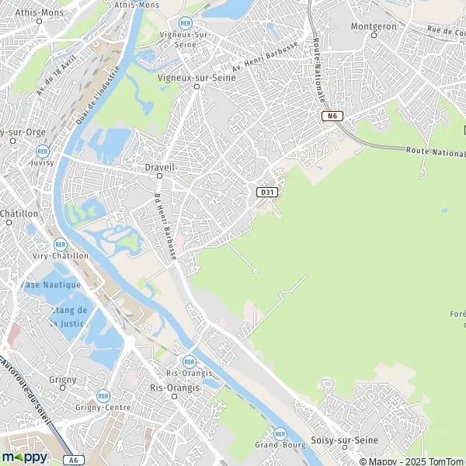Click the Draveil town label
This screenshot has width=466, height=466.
[x=159, y=167]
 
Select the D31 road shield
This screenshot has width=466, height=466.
[x=267, y=192]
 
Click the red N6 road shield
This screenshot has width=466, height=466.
[x=332, y=116]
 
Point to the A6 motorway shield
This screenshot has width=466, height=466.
[x=73, y=460]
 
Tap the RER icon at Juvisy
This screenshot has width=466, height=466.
[x=42, y=151]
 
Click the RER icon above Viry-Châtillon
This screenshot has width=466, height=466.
[x=60, y=244]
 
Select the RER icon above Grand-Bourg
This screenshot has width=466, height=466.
[x=280, y=434]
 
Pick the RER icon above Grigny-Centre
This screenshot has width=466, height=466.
[x=103, y=395]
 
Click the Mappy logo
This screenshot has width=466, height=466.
[x=25, y=457]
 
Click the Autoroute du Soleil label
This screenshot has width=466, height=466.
[x=26, y=397]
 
